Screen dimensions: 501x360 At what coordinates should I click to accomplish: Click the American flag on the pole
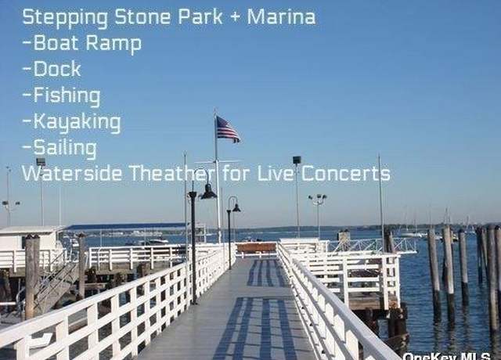point(228,129)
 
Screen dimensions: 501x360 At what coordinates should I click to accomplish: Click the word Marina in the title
point(281,17)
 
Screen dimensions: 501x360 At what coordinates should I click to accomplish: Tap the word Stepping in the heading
point(65,18)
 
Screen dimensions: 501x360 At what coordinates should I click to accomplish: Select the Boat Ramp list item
point(82,44)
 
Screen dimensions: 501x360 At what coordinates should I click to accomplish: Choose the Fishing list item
point(62,96)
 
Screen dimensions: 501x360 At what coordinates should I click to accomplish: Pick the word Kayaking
point(72,122)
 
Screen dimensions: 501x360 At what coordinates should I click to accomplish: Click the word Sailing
point(59,149)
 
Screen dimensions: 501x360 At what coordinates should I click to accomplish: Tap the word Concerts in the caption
point(346,174)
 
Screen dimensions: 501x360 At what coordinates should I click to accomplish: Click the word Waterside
point(72,174)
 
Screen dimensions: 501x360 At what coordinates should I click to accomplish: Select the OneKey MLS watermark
point(446,356)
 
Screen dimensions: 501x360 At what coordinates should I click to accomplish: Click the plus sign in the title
point(235,17)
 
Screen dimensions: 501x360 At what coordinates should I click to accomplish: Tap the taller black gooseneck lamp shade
point(209,192)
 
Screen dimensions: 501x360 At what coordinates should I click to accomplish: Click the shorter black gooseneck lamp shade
point(236,208)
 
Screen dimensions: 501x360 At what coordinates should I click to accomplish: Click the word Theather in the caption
point(173,174)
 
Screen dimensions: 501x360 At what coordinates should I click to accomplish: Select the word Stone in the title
point(142,17)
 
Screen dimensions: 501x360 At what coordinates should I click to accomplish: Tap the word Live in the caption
point(276,174)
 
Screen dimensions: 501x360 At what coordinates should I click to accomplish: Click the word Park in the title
point(200,17)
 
